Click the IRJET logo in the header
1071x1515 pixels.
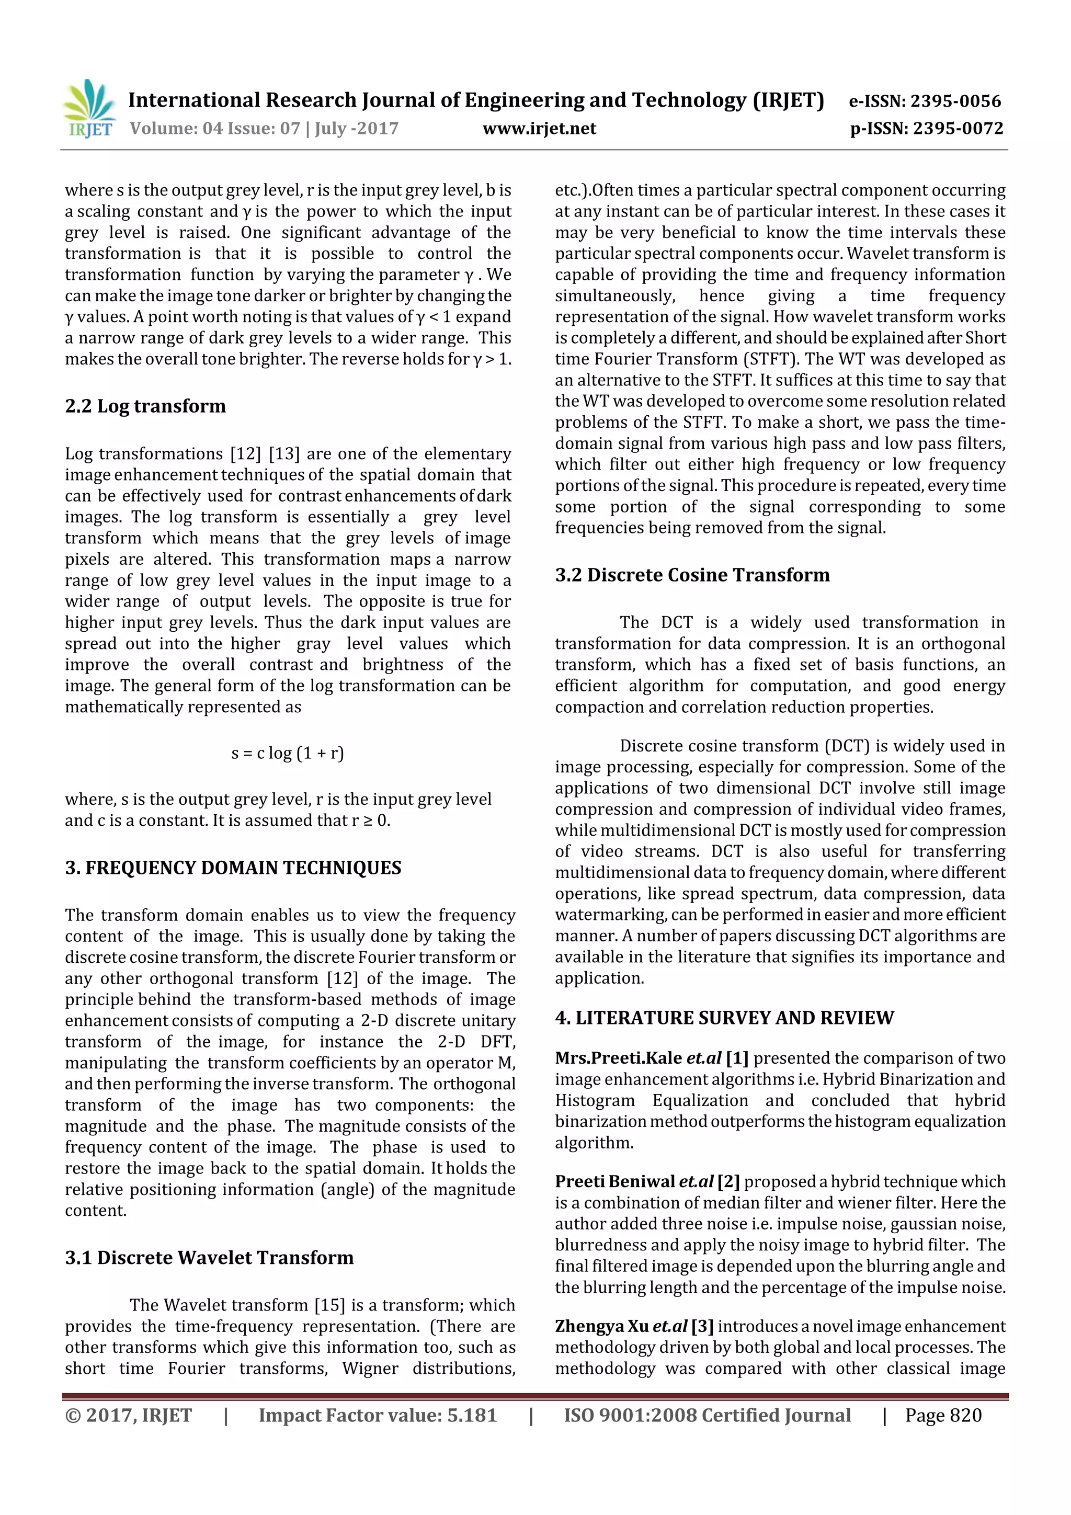[x=89, y=109]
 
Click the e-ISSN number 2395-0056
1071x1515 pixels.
[x=955, y=101]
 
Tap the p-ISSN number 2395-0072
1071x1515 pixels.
[x=958, y=128]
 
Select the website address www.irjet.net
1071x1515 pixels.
[x=539, y=128]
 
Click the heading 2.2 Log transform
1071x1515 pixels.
[x=145, y=406]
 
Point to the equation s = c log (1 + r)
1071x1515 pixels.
[x=287, y=753]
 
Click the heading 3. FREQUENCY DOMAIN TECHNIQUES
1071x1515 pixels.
[x=233, y=868]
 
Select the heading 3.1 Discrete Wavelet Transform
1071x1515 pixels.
[x=209, y=1258]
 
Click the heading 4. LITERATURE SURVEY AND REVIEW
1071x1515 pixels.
[x=724, y=1018]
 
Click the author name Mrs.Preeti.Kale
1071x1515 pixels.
[x=618, y=1058]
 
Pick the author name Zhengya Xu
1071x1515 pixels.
[x=602, y=1326]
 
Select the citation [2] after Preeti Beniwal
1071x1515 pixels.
[x=728, y=1182]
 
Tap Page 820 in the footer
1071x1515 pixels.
[x=943, y=1415]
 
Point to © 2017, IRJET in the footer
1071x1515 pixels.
[x=128, y=1415]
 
